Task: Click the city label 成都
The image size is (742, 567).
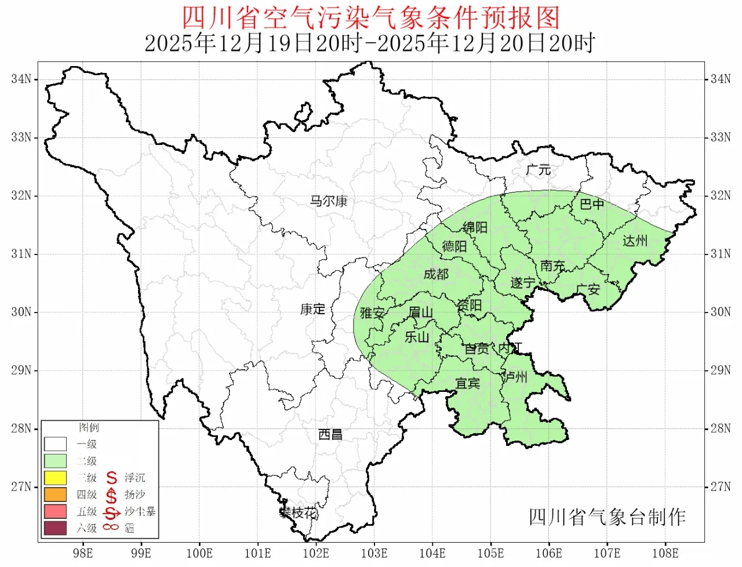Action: [x=436, y=274]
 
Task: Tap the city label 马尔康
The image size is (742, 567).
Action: [x=328, y=201]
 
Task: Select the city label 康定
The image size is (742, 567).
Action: [x=312, y=309]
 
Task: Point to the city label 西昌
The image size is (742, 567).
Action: [x=330, y=434]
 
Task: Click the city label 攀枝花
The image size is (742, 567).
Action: [x=299, y=513]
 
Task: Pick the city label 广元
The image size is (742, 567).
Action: [x=538, y=170]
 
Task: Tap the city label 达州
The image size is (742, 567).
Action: [x=635, y=241]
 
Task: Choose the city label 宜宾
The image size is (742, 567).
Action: [x=467, y=383]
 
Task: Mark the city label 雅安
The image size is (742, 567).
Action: [x=372, y=313]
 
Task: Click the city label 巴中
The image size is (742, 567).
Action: [x=592, y=204]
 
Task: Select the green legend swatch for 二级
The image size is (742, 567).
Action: [x=55, y=461]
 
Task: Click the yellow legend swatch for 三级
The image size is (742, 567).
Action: [x=55, y=478]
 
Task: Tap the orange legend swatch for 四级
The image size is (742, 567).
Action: [x=55, y=495]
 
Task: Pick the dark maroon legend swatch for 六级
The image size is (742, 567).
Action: [x=55, y=528]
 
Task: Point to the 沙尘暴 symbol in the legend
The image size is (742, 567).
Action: [x=111, y=512]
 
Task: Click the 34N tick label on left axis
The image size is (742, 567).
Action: [x=21, y=79]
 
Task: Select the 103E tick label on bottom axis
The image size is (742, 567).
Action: [x=374, y=553]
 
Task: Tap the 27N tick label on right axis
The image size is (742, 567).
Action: [x=721, y=486]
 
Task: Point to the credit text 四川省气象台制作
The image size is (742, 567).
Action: [x=607, y=517]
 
